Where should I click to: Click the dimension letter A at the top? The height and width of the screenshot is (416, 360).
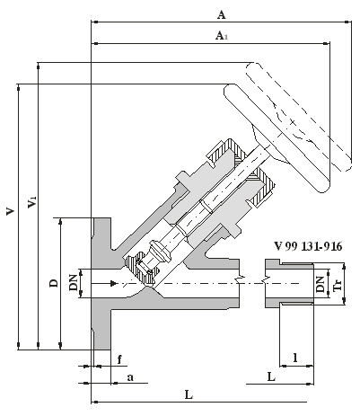[x=221, y=14]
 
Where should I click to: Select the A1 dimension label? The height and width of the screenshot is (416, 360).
[x=222, y=36]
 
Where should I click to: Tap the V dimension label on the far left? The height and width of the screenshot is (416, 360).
[x=10, y=211]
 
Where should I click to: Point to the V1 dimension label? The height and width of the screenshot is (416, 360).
[x=31, y=202]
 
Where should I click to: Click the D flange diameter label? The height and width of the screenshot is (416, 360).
[x=54, y=283]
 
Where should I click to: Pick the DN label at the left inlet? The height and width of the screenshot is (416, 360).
[x=73, y=283]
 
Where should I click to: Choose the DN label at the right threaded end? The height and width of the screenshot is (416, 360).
[x=320, y=284]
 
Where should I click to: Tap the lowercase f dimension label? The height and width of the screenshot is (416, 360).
[x=119, y=359]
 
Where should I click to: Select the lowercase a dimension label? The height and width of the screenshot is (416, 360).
[x=130, y=377]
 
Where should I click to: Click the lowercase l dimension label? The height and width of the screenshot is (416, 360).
[x=295, y=358]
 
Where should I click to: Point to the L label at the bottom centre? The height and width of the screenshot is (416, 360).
[x=189, y=394]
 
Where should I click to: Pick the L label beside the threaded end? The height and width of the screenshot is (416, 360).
[x=271, y=376]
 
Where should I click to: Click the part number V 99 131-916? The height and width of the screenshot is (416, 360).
[x=308, y=246]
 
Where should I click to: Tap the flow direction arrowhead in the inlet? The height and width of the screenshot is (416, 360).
[x=113, y=283]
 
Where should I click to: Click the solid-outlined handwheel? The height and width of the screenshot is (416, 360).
[x=277, y=137]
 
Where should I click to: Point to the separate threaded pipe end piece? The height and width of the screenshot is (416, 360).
[x=289, y=284]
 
